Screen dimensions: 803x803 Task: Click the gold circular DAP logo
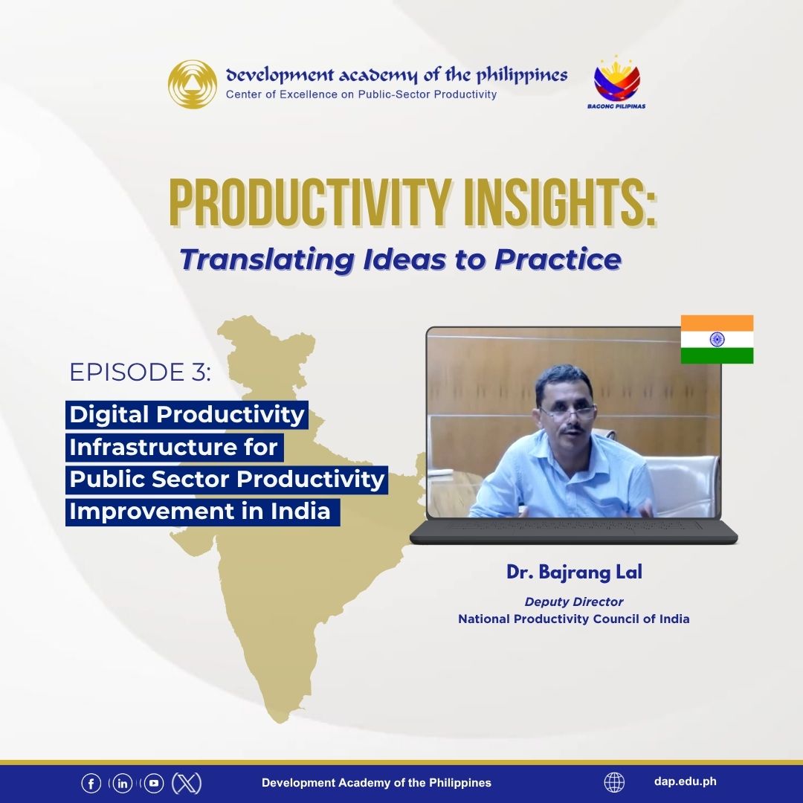[x=193, y=85]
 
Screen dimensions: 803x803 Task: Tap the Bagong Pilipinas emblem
[x=616, y=82]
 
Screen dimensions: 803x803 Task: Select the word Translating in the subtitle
[x=267, y=259]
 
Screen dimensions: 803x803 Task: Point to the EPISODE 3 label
[x=140, y=372]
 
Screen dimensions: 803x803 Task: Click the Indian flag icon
[x=717, y=339]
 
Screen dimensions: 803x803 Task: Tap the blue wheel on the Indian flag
[x=717, y=339]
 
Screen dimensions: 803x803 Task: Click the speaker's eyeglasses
[x=567, y=411]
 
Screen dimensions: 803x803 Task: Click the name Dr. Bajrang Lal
[x=574, y=572]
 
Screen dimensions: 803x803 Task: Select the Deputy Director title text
[x=573, y=602]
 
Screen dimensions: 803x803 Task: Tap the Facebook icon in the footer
[x=91, y=783]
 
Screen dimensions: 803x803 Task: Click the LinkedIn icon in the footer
[x=123, y=783]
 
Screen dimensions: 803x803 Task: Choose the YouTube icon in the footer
[x=154, y=783]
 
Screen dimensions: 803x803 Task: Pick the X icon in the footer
[x=187, y=783]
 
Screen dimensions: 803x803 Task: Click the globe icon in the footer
[x=614, y=782]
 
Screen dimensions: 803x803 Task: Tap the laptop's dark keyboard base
[x=573, y=532]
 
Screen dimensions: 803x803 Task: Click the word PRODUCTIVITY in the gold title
[x=310, y=203]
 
